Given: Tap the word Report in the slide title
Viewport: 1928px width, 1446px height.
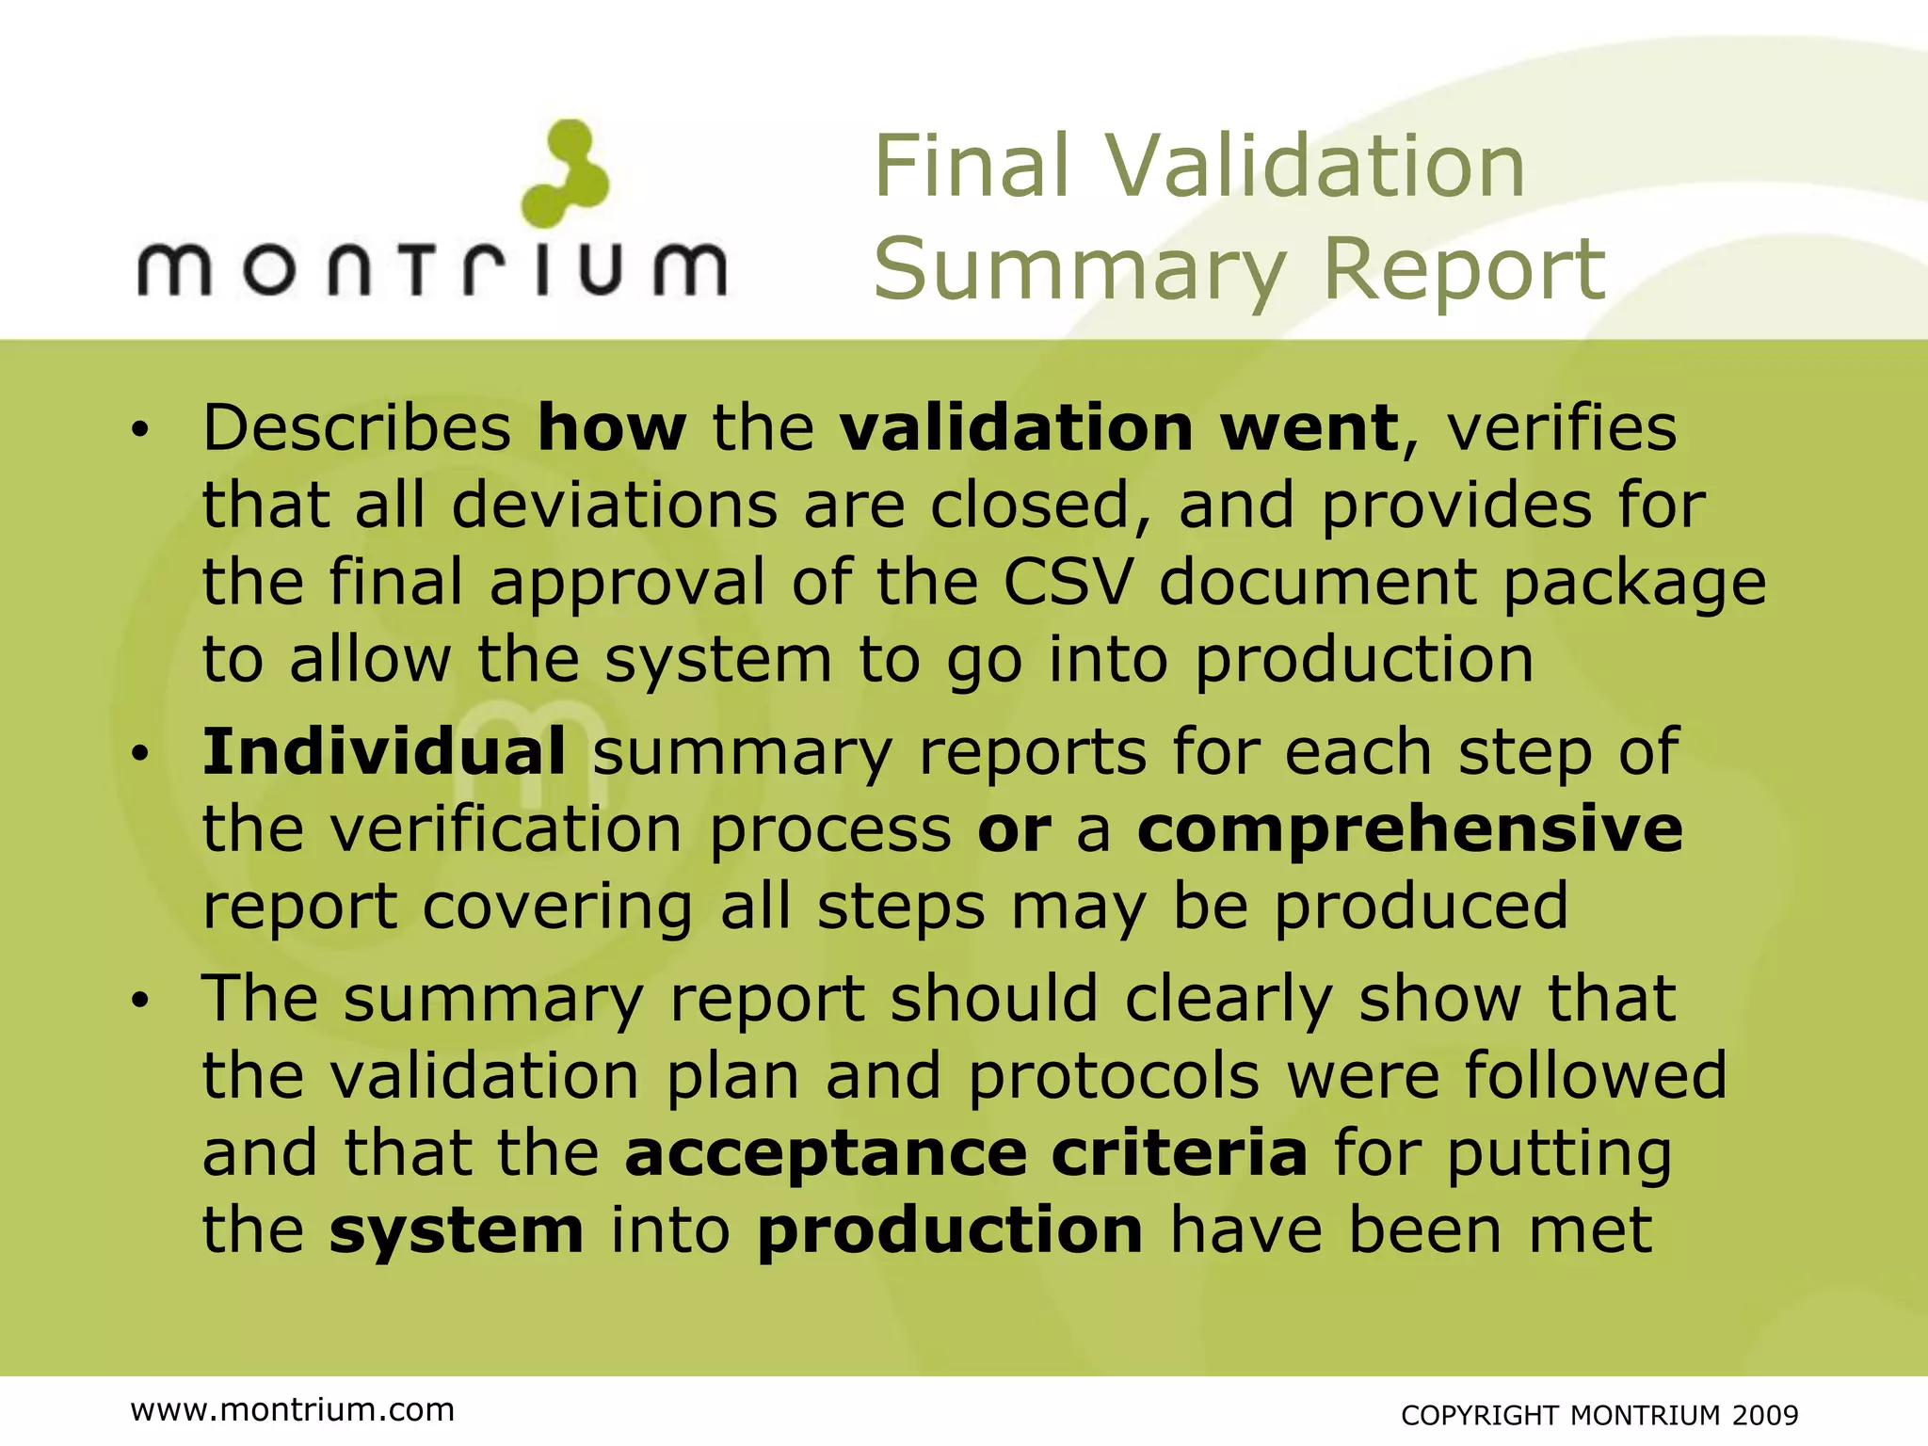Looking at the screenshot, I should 1464,269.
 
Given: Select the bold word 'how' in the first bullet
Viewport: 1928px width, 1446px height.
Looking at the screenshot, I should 612,428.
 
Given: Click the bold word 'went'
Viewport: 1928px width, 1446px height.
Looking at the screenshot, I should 1309,428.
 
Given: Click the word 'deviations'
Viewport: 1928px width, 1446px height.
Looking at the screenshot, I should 614,506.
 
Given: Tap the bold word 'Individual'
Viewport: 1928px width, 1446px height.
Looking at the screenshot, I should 384,752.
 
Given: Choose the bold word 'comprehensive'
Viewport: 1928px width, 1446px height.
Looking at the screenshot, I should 1409,829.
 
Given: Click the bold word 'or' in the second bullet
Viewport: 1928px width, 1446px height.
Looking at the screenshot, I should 1014,831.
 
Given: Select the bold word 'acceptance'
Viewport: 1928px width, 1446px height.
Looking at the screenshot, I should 825,1154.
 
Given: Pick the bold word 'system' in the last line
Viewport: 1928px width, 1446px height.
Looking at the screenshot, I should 457,1231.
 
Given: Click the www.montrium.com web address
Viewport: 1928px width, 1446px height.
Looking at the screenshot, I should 293,1409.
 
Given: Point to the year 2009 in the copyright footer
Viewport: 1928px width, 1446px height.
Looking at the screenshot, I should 1765,1415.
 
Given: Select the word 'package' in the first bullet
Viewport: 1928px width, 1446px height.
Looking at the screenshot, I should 1633,584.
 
